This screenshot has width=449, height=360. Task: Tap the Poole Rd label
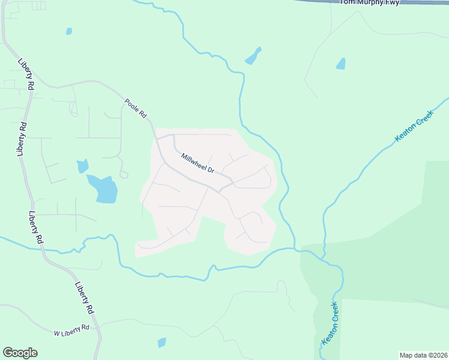coord(136,108)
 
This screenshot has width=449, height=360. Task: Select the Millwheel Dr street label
coord(198,163)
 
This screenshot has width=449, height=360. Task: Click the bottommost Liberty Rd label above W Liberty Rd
coord(85,298)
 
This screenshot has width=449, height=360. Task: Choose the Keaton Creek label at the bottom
coord(331,324)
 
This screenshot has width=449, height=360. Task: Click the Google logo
coord(20,353)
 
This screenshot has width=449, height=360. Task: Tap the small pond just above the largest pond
coord(82,166)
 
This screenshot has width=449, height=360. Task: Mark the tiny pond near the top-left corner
coord(69,31)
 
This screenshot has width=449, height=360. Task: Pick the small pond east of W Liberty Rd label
coord(161,343)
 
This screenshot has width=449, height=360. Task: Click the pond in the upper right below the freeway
coord(341,63)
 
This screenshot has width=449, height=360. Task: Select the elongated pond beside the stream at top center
coord(253,56)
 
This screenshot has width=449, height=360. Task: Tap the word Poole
coord(132,104)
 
